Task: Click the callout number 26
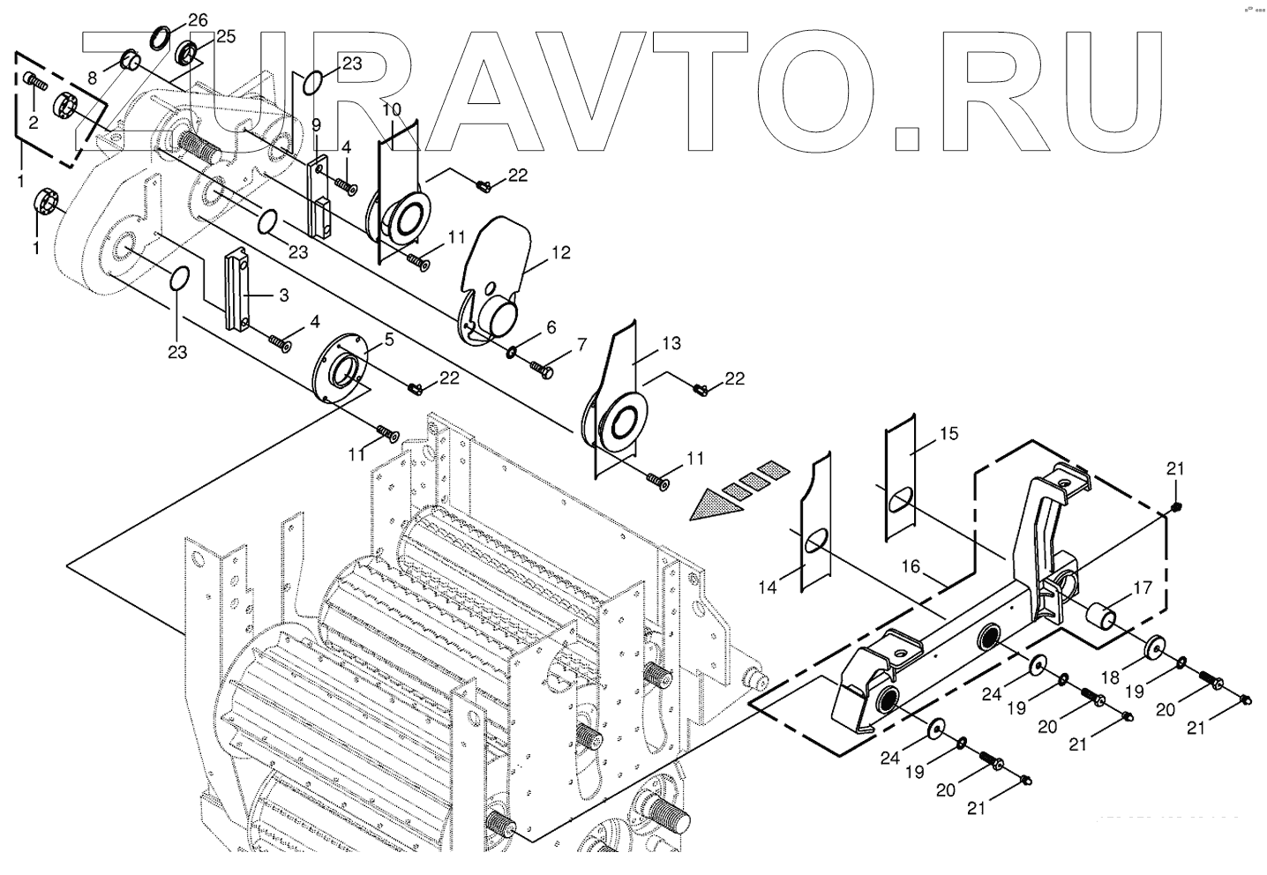199,19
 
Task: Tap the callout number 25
225,37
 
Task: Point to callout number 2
33,123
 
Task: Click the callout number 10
392,109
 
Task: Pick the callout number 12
561,253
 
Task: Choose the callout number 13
671,343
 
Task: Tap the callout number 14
767,587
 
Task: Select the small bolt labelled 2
34,80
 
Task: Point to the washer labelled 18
1152,648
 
